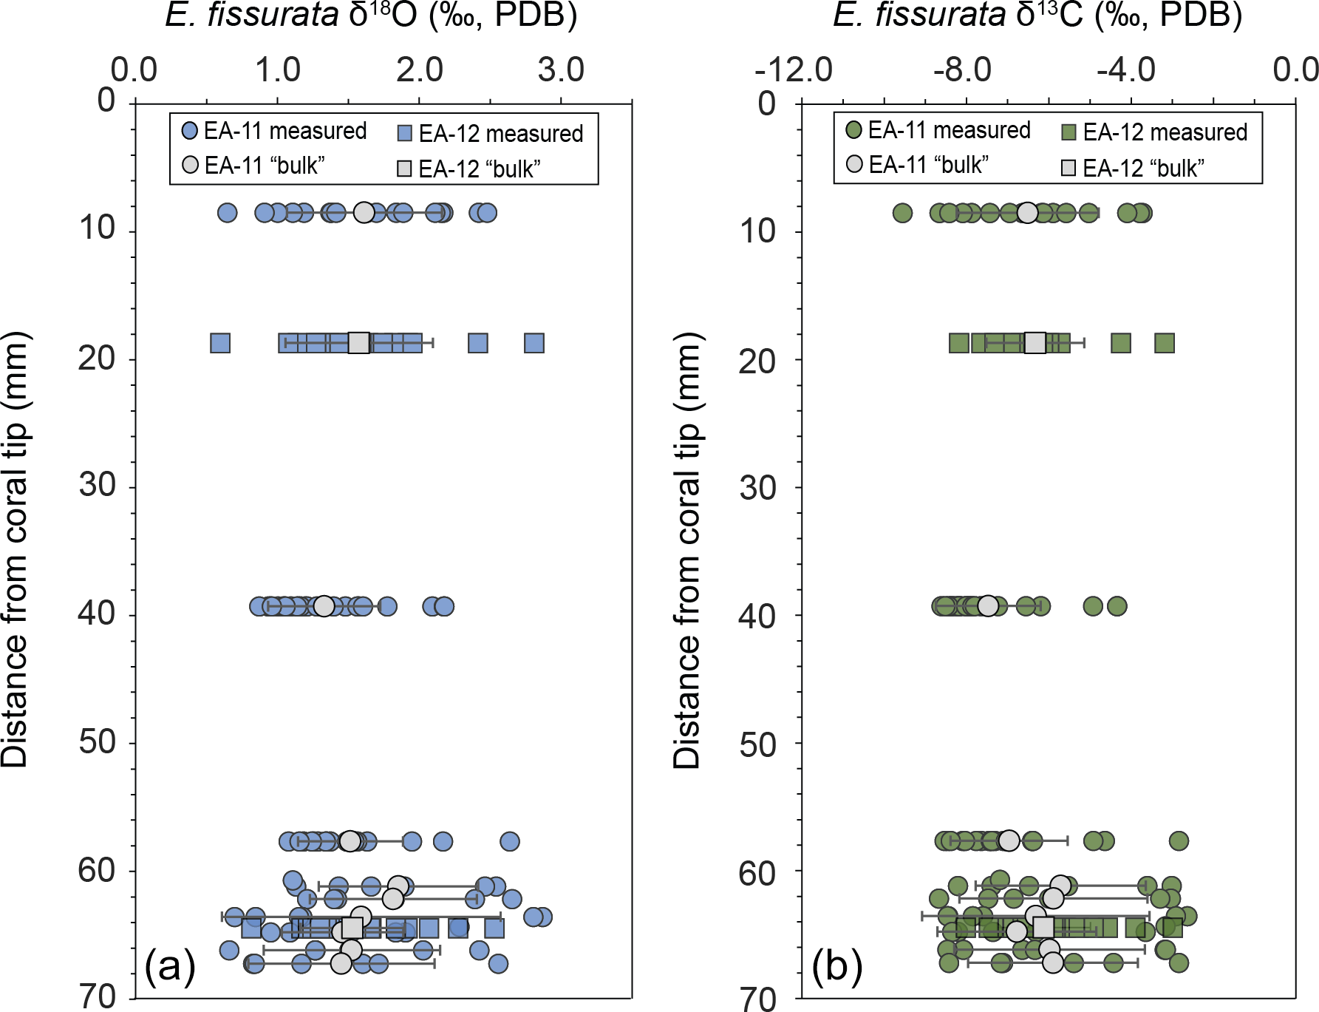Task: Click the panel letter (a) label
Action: pos(170,965)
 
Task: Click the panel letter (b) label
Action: pos(836,965)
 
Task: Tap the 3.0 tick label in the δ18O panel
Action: pos(561,70)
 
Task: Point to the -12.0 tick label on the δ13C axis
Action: pos(793,70)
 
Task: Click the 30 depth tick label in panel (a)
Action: pos(98,486)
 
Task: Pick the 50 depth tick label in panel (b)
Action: pos(758,745)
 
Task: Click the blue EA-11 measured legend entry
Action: pos(274,131)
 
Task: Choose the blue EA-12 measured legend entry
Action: pos(490,134)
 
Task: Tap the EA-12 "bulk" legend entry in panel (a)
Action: pos(468,169)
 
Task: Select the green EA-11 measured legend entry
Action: pos(938,130)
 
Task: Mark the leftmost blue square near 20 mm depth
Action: pos(220,343)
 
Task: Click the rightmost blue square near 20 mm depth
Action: pos(534,343)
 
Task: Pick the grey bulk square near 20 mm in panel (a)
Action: pos(358,343)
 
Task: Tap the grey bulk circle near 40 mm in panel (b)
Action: pos(988,606)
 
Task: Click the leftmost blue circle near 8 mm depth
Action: pos(227,213)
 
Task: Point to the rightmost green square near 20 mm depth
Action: pos(1165,343)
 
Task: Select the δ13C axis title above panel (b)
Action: pos(1037,15)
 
